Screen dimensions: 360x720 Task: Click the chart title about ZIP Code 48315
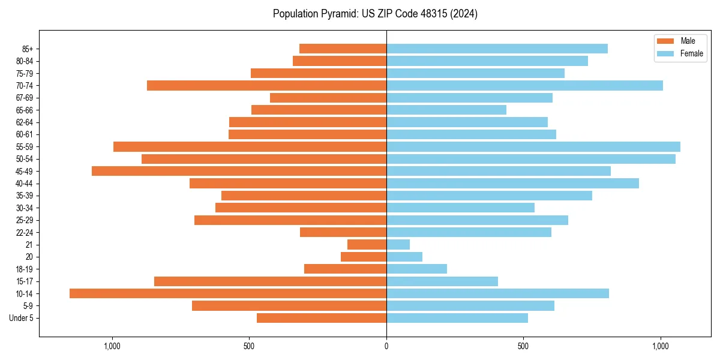point(375,14)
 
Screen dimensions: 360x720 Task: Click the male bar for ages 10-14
point(228,293)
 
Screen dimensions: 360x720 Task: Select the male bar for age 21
point(367,244)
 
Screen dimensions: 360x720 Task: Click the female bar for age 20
point(404,257)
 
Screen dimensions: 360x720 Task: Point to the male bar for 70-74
point(267,85)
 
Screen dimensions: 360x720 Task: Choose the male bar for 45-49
point(239,171)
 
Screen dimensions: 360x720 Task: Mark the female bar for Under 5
point(457,318)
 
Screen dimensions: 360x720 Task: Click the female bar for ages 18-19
point(417,269)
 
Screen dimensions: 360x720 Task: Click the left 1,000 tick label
point(112,346)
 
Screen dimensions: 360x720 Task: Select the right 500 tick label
point(523,346)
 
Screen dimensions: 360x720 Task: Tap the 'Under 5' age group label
point(21,318)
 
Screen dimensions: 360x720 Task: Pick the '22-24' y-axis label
point(25,232)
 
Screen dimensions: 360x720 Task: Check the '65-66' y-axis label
point(25,110)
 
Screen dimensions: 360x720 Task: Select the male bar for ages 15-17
point(270,281)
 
